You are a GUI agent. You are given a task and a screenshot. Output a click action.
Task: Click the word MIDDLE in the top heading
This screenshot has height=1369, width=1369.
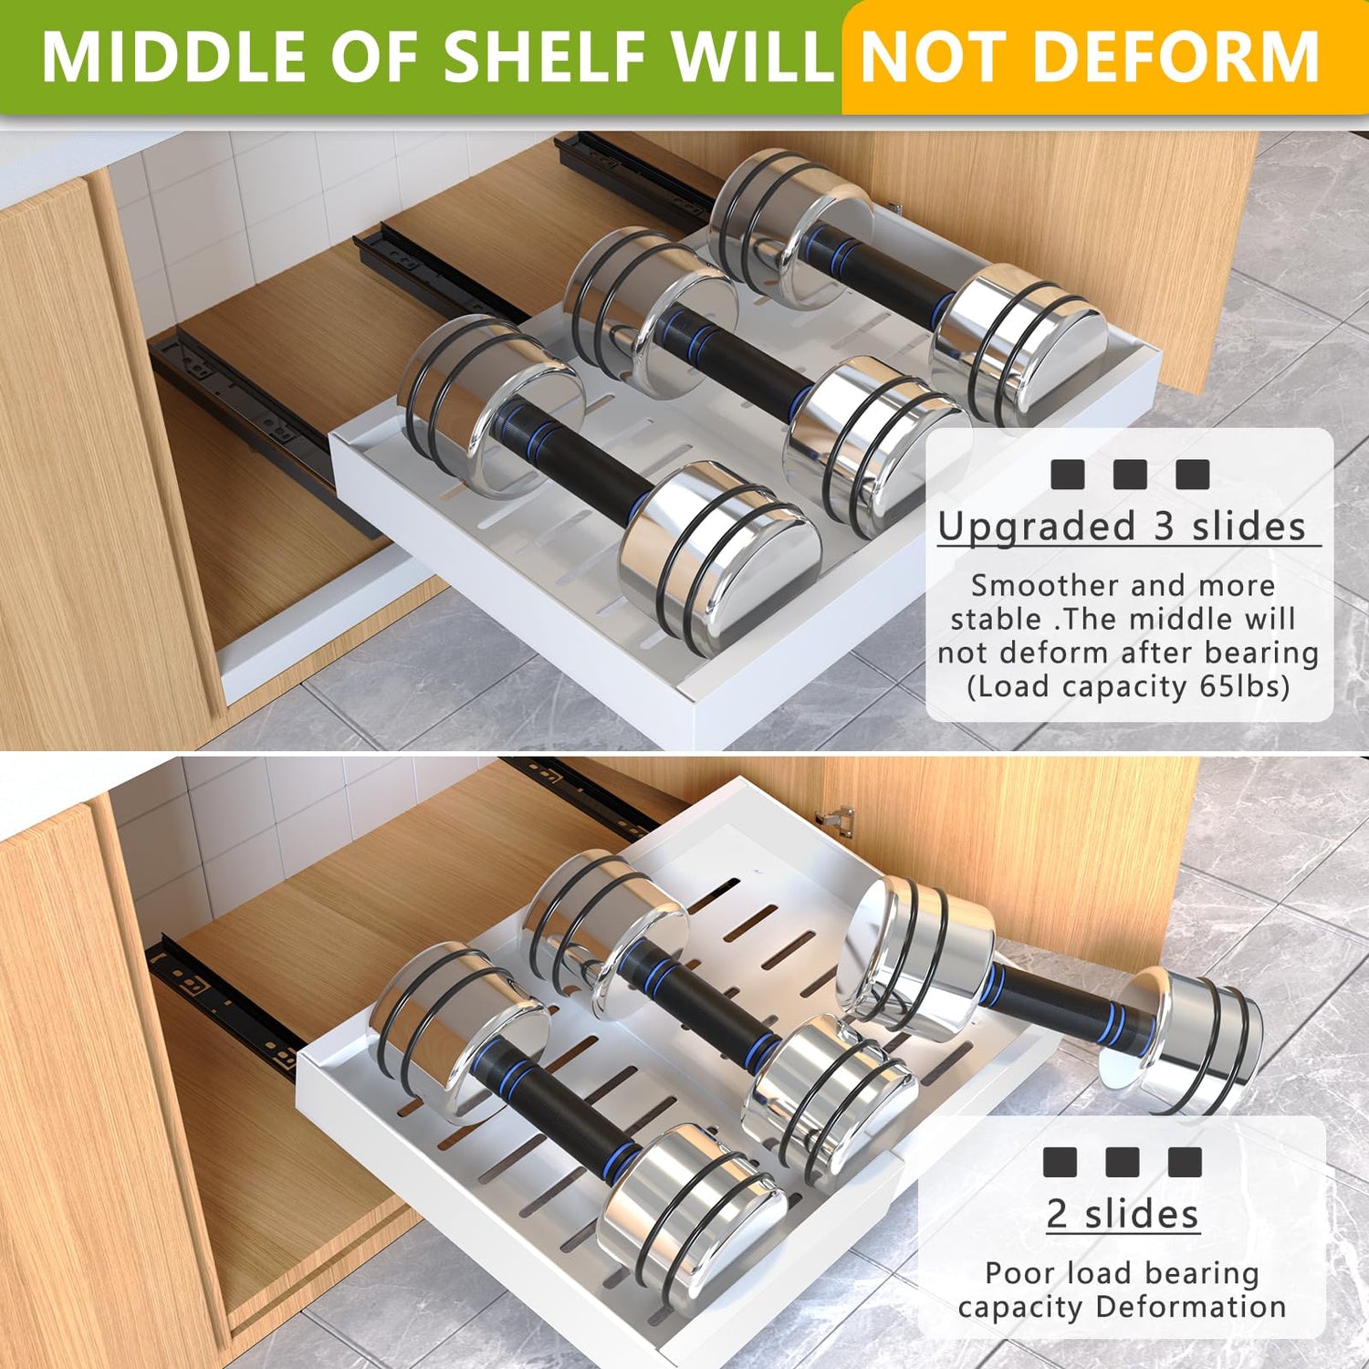pos(172,57)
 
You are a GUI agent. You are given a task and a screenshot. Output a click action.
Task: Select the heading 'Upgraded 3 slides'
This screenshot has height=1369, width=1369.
pos(1122,527)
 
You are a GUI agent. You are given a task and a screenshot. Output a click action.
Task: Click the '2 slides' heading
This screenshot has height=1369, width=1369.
pos(1123,1214)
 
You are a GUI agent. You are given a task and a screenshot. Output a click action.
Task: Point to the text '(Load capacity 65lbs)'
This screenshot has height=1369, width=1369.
pos(1128,686)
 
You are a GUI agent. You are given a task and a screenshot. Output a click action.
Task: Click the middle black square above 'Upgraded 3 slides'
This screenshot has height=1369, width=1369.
pos(1130,475)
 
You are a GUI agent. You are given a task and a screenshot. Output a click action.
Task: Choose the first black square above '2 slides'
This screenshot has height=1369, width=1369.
pos(1060,1162)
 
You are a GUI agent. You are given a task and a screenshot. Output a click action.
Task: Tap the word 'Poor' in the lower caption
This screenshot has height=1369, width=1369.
pos(1019,1272)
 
